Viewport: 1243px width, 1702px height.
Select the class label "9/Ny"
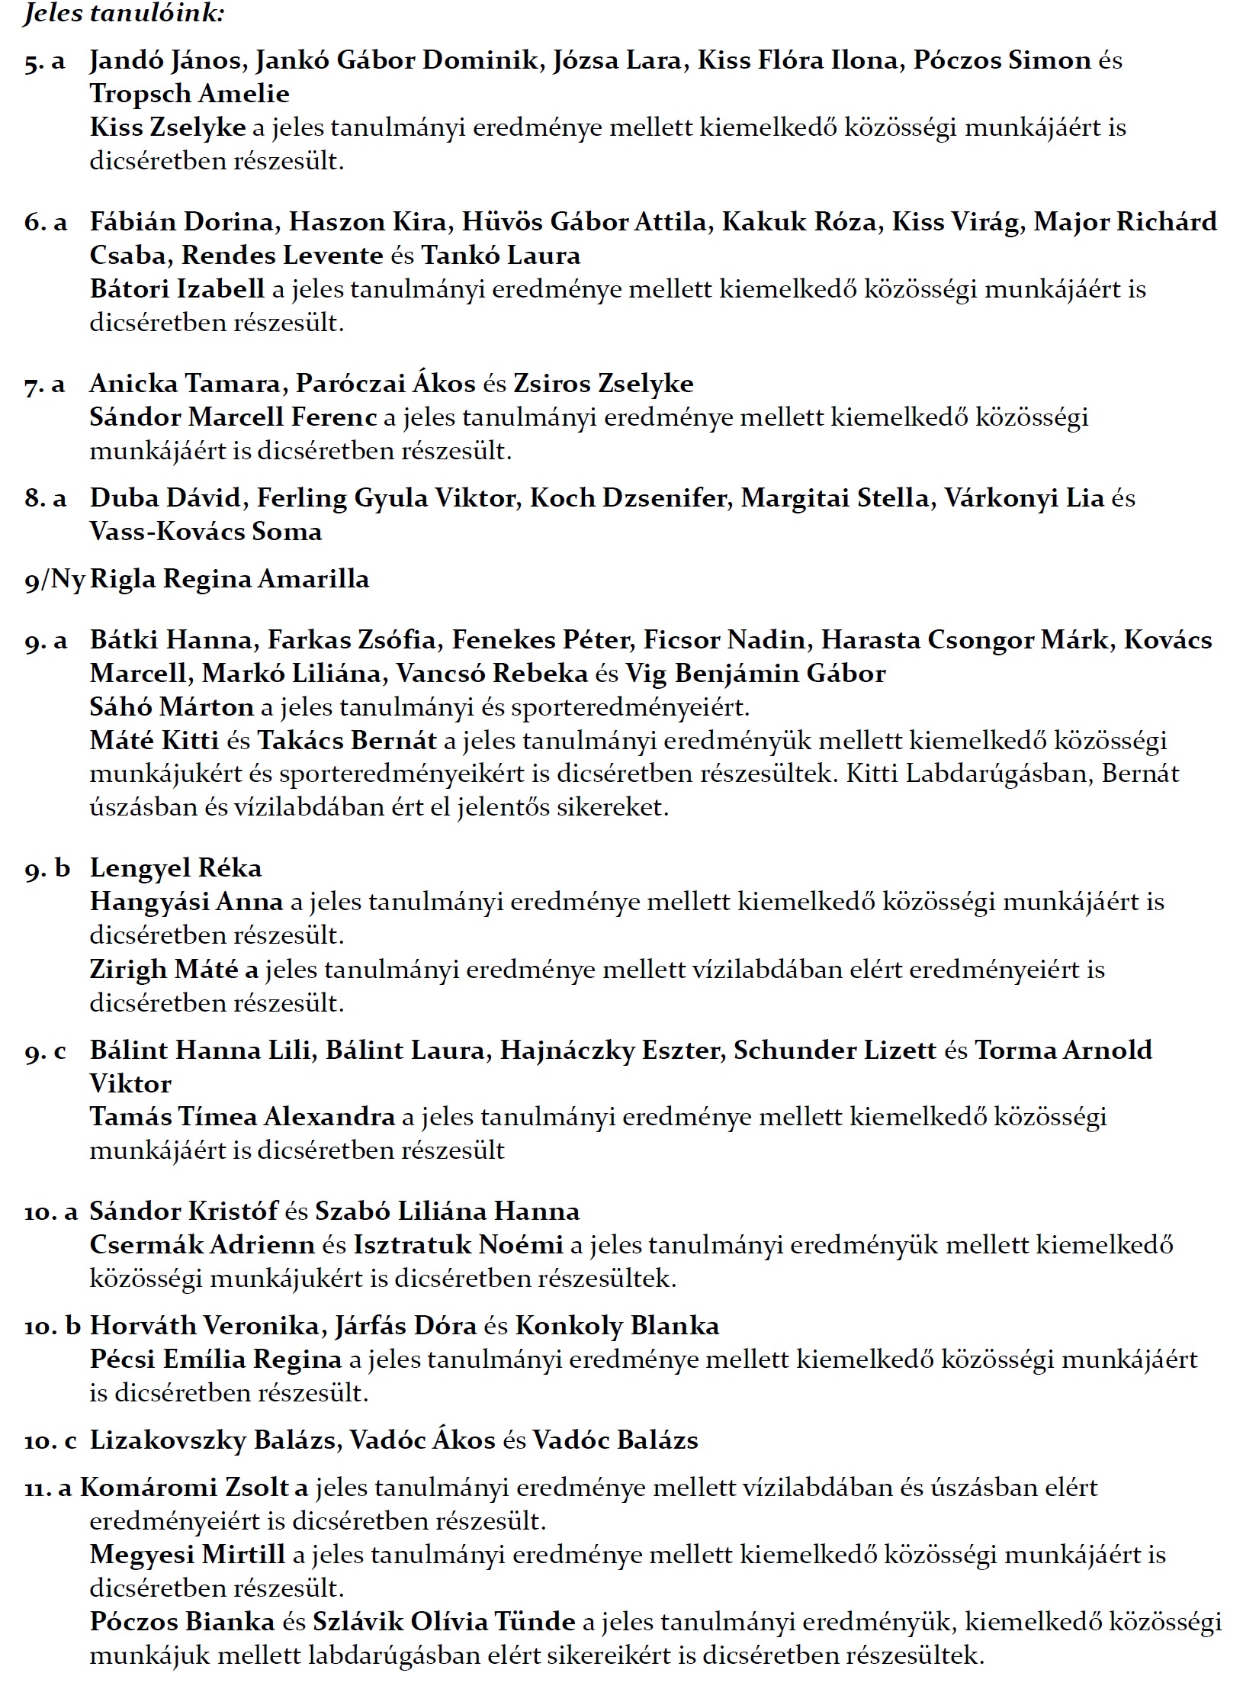pos(54,580)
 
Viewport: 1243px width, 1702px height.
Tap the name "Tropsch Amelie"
pos(190,94)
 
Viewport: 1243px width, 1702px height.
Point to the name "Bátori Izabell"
pos(177,289)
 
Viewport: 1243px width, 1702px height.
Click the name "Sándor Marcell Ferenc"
pos(233,417)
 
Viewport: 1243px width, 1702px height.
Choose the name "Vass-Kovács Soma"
pos(206,532)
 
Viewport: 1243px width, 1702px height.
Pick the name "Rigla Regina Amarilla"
pos(230,579)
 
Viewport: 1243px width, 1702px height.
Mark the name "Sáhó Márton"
pos(172,707)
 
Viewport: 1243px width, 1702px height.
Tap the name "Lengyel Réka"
pos(175,868)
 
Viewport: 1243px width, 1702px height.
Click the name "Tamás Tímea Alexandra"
pos(242,1117)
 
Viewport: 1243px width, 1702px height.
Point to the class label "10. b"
pos(53,1326)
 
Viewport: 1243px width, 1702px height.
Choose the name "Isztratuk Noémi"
pos(458,1245)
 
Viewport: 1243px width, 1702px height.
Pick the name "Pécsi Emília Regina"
pos(216,1359)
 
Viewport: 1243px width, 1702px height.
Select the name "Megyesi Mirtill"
pos(188,1555)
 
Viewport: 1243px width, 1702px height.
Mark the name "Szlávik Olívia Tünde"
pos(444,1622)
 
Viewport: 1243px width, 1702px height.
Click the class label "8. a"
pos(46,499)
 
